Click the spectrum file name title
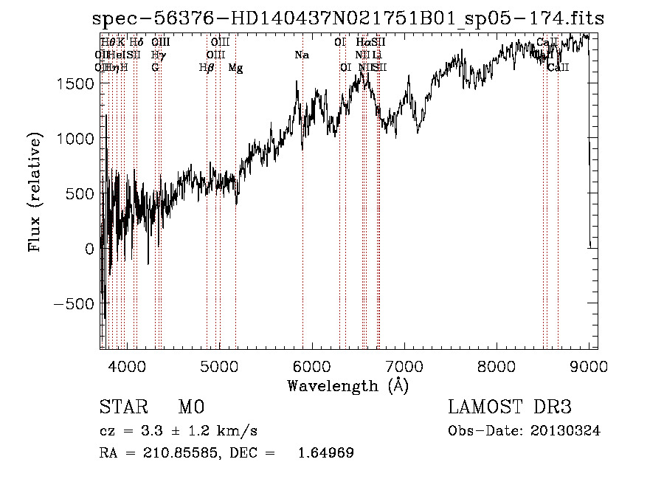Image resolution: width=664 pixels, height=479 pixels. coord(347,19)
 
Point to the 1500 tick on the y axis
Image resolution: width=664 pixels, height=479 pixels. coord(77,83)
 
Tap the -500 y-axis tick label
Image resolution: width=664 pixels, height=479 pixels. coord(72,304)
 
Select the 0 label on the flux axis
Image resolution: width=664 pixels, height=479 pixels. coord(89,249)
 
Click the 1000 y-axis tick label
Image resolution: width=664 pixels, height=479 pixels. coord(77,139)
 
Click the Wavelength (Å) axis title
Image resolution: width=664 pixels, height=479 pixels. coord(347,385)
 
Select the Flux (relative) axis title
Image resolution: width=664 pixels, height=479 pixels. coord(35,192)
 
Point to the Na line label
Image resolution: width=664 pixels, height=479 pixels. coord(301,55)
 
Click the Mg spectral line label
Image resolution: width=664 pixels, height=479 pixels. coord(235,68)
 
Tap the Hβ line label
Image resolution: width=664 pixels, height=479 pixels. coord(207,68)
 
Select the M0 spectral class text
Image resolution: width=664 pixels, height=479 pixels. coord(190,407)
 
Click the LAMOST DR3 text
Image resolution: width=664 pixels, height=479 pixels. coord(510,407)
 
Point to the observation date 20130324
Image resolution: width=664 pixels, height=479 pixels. coord(568,431)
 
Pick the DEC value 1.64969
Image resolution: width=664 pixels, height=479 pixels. coord(325,453)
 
